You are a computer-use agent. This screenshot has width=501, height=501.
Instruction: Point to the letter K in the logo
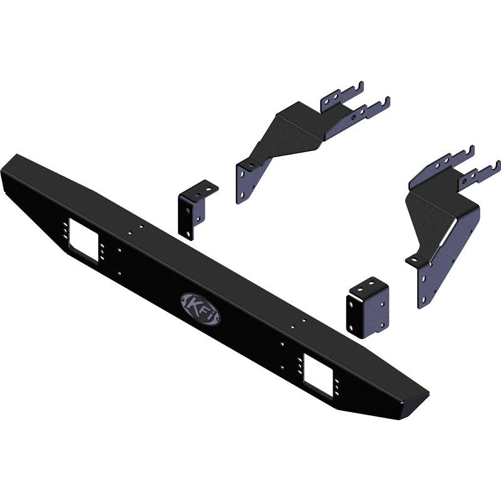tap(190, 304)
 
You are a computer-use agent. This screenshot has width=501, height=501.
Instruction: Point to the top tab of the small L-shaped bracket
tap(202, 188)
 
